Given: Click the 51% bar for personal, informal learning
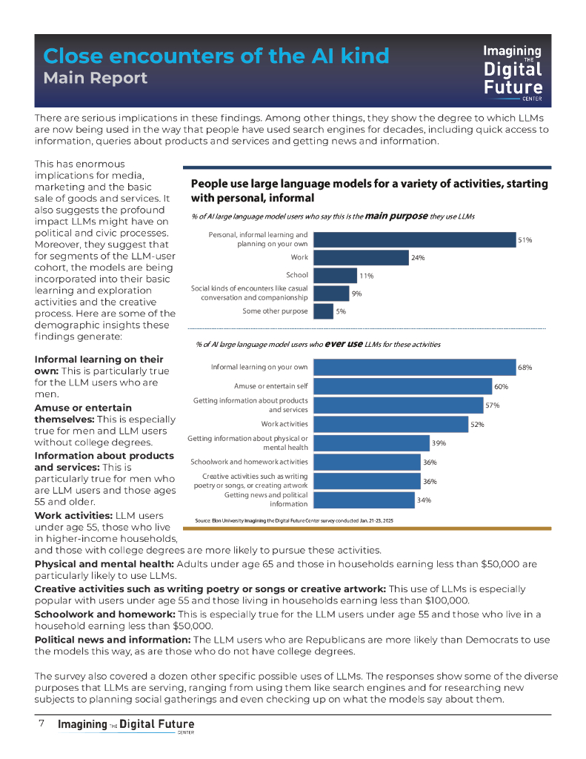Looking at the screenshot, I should pyautogui.click(x=414, y=239).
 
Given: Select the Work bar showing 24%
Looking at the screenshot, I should pyautogui.click(x=360, y=257).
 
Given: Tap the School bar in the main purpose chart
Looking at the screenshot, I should pyautogui.click(x=335, y=275).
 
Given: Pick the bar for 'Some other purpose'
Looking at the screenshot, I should pyautogui.click(x=323, y=311).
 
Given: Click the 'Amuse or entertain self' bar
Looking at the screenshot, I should pyautogui.click(x=402, y=386).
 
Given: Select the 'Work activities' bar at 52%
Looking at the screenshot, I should pyautogui.click(x=390, y=424).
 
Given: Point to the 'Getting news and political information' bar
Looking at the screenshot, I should pyautogui.click(x=363, y=500).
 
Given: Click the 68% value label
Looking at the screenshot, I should pyautogui.click(x=525, y=367).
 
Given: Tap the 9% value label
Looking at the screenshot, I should pyautogui.click(x=356, y=294).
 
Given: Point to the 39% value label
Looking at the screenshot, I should pyautogui.click(x=439, y=443).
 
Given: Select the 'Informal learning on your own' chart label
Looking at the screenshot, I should pyautogui.click(x=259, y=367).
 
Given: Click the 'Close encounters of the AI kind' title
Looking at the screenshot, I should pyautogui.click(x=216, y=56).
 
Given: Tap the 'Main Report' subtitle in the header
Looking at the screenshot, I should pyautogui.click(x=95, y=78).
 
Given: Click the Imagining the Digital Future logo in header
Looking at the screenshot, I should pyautogui.click(x=513, y=70).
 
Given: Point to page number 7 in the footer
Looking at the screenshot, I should pyautogui.click(x=42, y=723).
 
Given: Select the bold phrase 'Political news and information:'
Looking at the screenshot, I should pyautogui.click(x=113, y=639).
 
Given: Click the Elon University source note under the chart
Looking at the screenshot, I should pyautogui.click(x=293, y=521).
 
